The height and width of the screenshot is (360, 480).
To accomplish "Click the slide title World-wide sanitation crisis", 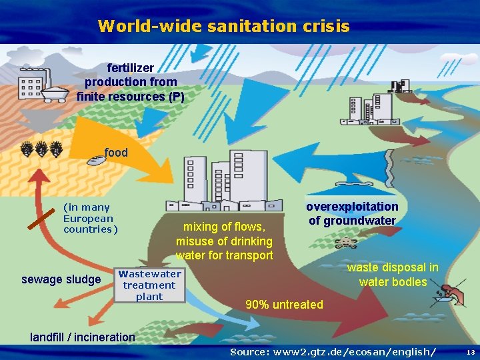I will (x=223, y=26).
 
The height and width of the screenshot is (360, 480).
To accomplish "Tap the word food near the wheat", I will (x=116, y=153).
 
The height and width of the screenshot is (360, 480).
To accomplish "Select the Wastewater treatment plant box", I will (x=149, y=285).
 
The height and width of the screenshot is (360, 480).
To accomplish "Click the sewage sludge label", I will (x=61, y=279).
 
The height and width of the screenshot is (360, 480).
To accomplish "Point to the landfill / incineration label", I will (x=83, y=337).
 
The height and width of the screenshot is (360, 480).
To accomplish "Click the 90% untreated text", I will (x=284, y=305).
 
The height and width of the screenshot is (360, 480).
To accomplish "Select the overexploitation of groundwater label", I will (x=352, y=213).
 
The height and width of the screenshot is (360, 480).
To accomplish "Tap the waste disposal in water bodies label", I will (x=393, y=275).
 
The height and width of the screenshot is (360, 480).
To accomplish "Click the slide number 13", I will (x=470, y=351).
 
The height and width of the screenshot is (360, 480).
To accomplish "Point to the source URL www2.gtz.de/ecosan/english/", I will (x=333, y=351).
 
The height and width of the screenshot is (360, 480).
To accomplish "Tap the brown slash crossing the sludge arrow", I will (x=41, y=218).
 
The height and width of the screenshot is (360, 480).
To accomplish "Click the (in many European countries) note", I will (x=90, y=219).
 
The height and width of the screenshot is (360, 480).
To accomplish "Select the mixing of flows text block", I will (x=224, y=241).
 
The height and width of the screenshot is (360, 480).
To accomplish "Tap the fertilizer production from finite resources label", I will (x=131, y=82).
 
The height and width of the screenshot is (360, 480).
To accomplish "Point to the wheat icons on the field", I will (x=42, y=149).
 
